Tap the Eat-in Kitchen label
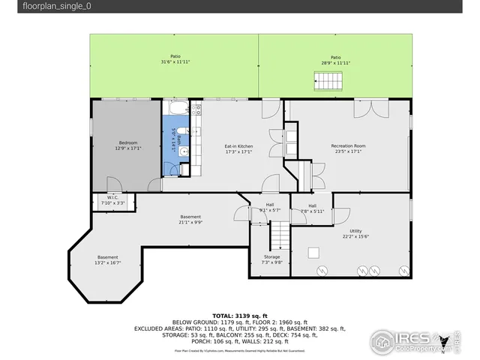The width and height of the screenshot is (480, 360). coord(238,145)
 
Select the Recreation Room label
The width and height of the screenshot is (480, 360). coord(348,145)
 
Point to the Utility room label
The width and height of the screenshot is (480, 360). coord(355,231)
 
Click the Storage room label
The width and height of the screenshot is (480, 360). coord(271,256)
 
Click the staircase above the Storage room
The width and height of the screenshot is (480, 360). coord(279,239)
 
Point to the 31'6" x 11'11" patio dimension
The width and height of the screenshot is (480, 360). coord(175,63)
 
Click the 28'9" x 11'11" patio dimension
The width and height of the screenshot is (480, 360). coord(335,63)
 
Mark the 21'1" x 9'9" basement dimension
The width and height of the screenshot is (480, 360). coord(190,222)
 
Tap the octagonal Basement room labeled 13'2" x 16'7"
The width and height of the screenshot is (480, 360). coord(107,259)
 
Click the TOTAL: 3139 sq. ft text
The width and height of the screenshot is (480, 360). coord(239,316)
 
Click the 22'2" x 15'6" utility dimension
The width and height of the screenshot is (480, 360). coord(355,237)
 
